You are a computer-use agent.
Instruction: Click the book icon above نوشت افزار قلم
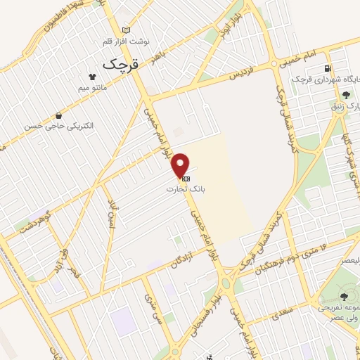tap(127, 30)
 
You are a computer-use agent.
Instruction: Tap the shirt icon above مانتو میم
tap(91, 77)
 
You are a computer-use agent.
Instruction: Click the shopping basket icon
tap(58, 115)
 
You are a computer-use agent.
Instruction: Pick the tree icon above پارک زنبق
tap(345, 95)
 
